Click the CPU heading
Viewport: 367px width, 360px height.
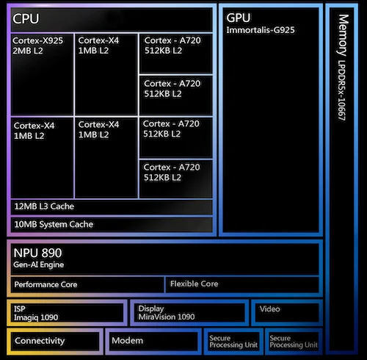(26, 18)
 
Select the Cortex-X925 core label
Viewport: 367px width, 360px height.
(37, 40)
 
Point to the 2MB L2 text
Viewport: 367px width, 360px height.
(28, 51)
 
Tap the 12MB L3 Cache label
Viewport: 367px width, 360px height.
(44, 206)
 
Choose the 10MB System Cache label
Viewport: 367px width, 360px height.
(54, 224)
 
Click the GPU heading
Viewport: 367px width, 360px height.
(239, 18)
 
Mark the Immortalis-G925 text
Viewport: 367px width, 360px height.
(261, 30)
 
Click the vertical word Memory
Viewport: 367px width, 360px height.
(343, 35)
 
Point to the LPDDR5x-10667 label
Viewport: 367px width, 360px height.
(341, 90)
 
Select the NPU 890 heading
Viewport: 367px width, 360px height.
(37, 253)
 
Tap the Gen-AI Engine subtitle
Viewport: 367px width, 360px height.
(39, 264)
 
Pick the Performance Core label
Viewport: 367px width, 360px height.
(46, 284)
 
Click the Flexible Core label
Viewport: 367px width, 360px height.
(194, 284)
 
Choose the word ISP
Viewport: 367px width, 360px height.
(20, 309)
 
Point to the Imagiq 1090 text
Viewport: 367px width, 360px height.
(36, 317)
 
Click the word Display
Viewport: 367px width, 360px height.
(151, 309)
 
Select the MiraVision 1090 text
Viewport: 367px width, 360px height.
(167, 317)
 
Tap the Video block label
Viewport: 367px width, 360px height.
(270, 309)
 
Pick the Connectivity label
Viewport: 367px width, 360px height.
(40, 340)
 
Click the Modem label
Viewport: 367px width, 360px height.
(128, 340)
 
